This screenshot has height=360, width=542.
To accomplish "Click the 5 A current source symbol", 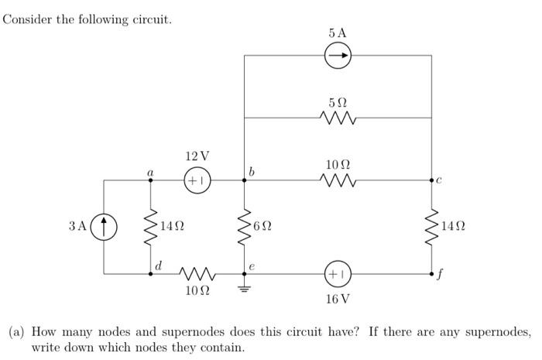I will coord(338,55).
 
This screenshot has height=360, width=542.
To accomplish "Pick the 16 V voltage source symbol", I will coord(338,273).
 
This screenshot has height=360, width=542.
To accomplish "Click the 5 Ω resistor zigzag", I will coord(338,118).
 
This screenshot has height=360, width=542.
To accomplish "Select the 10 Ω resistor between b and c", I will coord(338,180).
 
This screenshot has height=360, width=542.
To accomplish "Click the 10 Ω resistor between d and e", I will coord(197,273).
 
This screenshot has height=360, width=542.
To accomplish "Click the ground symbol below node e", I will coord(245,290).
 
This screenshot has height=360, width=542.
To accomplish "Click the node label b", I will coord(252,170).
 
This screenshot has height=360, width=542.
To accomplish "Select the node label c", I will coord(439,181).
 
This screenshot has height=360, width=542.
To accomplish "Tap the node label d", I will coord(159,265).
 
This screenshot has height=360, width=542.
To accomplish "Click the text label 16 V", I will coord(338,298).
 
